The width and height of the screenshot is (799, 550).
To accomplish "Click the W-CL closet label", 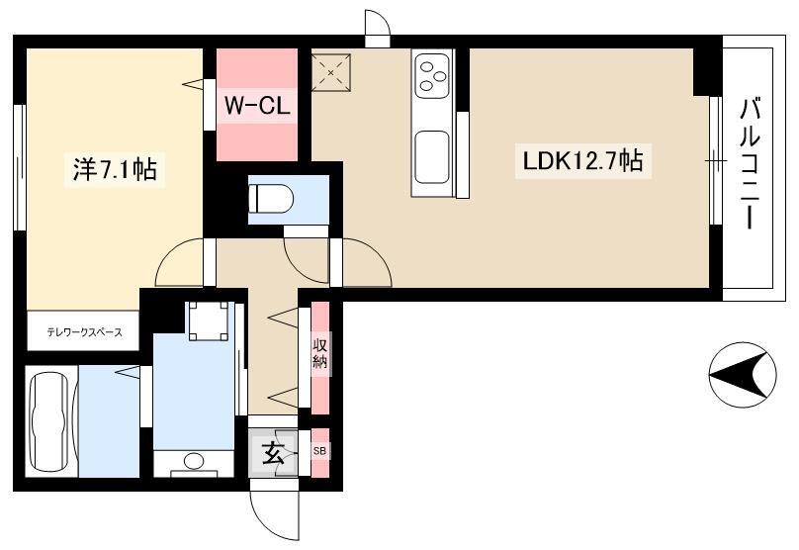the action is [x=257, y=106].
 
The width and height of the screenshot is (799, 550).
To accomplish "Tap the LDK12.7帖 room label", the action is [x=583, y=160].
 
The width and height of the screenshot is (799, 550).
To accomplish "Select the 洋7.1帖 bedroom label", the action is [x=115, y=169].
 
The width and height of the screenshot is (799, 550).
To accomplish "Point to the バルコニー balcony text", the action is [x=750, y=163].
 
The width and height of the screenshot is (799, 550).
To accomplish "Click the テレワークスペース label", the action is [x=85, y=332].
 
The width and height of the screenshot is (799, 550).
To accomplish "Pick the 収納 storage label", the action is [x=320, y=355].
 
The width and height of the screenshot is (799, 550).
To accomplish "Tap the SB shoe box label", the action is [x=320, y=451].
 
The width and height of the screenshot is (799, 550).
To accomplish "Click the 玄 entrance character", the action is [x=273, y=453].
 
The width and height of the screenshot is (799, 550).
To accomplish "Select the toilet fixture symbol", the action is [x=271, y=198].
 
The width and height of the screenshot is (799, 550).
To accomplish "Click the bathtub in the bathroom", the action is [x=49, y=421].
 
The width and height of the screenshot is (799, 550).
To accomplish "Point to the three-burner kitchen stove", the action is [x=431, y=75].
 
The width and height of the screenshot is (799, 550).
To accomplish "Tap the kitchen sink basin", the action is [x=431, y=157].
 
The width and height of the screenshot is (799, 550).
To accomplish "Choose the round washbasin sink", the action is [x=193, y=461].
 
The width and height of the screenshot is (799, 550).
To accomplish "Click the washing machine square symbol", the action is [x=209, y=321].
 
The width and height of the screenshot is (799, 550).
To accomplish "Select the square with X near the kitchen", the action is [x=330, y=72].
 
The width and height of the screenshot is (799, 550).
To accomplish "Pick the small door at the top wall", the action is [x=378, y=29].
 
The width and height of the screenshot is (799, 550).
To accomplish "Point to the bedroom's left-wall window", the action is [x=20, y=167].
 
